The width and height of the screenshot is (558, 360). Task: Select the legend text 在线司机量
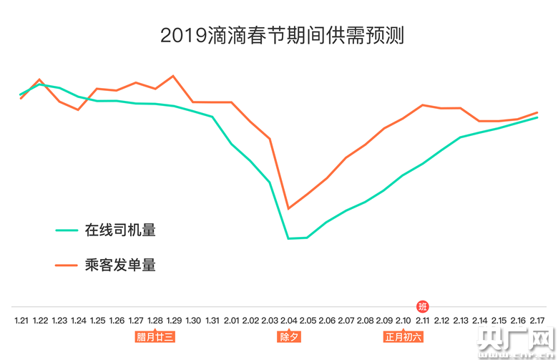click(x=120, y=230)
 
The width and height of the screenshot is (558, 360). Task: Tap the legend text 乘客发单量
click(x=120, y=266)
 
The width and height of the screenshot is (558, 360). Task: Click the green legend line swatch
click(x=67, y=230)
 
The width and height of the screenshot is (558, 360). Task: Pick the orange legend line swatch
click(x=67, y=266)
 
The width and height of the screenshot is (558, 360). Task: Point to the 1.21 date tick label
click(x=21, y=320)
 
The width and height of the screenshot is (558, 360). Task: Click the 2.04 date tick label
click(x=289, y=320)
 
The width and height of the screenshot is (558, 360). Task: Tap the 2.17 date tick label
click(x=537, y=320)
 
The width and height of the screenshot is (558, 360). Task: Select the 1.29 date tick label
click(x=174, y=320)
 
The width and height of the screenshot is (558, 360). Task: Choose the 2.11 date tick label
click(x=422, y=320)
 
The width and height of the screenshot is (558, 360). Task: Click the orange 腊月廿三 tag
click(x=155, y=336)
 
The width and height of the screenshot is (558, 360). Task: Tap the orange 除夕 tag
click(x=289, y=336)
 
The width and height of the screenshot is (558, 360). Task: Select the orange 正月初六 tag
click(x=403, y=336)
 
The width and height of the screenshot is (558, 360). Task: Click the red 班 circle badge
click(x=422, y=306)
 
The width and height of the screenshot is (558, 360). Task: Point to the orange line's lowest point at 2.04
click(x=288, y=208)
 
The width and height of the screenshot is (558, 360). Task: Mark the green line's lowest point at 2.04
click(x=288, y=238)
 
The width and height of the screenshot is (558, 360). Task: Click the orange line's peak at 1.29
click(x=174, y=75)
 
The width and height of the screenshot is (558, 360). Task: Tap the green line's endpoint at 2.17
click(x=537, y=117)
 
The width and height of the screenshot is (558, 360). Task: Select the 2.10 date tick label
click(x=403, y=320)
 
